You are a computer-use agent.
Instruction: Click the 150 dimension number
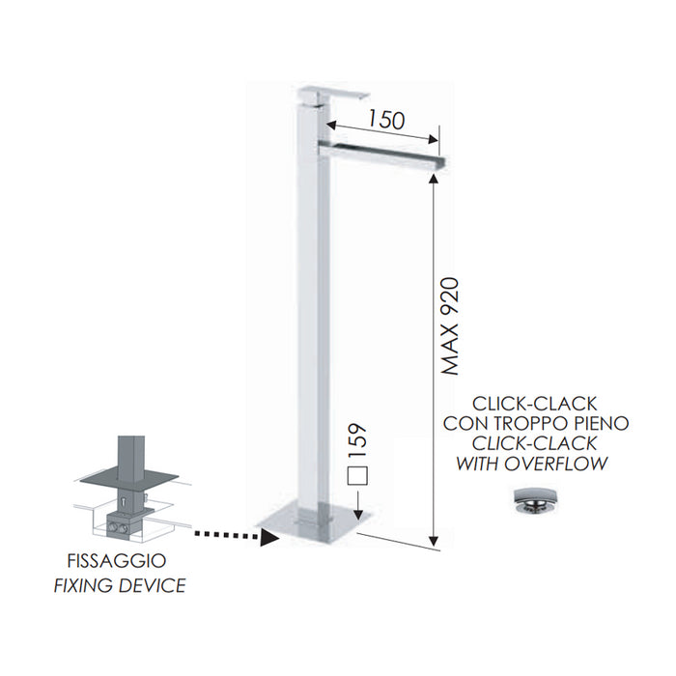tap(386, 120)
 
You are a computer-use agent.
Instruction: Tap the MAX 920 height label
tap(451, 326)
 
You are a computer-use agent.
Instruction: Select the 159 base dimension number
tap(357, 441)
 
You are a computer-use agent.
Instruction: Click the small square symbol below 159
tap(357, 475)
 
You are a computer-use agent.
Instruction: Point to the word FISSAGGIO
tap(117, 561)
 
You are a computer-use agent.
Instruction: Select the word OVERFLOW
tap(556, 464)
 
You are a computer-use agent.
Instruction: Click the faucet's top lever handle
tap(334, 96)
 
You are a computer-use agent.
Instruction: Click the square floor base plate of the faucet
tap(314, 520)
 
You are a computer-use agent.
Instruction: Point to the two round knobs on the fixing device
tap(119, 527)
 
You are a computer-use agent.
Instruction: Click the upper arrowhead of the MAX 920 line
tap(435, 178)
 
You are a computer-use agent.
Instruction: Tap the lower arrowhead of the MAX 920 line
tap(435, 542)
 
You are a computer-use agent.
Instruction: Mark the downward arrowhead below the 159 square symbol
tap(358, 514)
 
